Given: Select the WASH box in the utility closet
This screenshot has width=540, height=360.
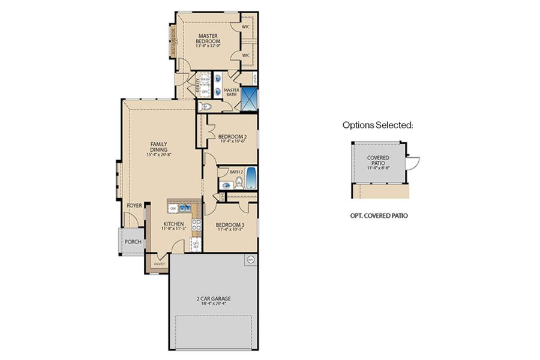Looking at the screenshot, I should pyautogui.click(x=205, y=79).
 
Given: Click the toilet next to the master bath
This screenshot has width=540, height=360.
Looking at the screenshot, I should pyautogui.click(x=205, y=107).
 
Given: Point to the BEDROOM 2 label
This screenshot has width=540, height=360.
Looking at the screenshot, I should pyautogui.click(x=232, y=137).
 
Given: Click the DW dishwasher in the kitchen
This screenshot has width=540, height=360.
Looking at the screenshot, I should pyautogui.click(x=173, y=208).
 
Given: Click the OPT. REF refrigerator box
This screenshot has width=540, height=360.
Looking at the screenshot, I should pyautogui.click(x=195, y=244).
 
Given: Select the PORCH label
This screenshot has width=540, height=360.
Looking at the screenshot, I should pyautogui.click(x=132, y=242).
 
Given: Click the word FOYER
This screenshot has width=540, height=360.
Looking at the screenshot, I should pyautogui.click(x=134, y=206).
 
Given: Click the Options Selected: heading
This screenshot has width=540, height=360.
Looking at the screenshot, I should pyautogui.click(x=377, y=125).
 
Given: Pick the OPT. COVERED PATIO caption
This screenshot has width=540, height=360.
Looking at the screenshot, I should pyautogui.click(x=379, y=215).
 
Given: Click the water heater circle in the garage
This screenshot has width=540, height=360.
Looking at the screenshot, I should pyautogui.click(x=250, y=260).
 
